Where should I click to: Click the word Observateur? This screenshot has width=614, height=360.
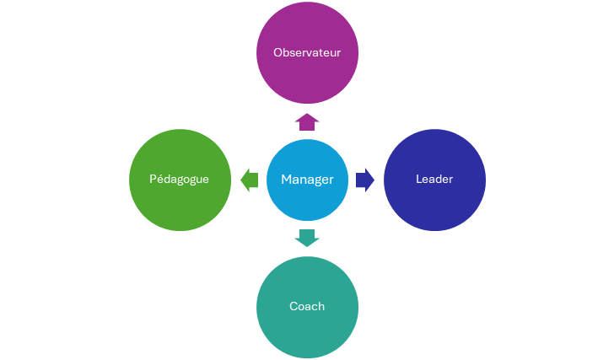(307, 52)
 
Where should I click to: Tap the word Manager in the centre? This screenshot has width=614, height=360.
(307, 180)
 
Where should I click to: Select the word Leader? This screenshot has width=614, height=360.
(434, 180)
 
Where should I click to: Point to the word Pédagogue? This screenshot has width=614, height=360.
(180, 180)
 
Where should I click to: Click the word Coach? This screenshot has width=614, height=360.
(307, 306)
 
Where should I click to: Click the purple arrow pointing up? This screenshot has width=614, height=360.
(307, 121)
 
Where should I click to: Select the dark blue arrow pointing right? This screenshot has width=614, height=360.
(365, 180)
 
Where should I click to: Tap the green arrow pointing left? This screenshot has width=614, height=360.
(250, 180)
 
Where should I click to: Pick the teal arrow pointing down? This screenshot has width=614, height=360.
(307, 238)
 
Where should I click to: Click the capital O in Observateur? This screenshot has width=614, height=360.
(278, 53)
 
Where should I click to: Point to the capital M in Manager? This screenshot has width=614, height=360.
(287, 180)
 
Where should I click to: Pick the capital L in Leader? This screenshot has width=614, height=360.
(419, 180)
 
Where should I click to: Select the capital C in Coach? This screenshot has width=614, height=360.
(294, 306)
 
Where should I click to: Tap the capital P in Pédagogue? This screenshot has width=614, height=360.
(153, 180)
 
